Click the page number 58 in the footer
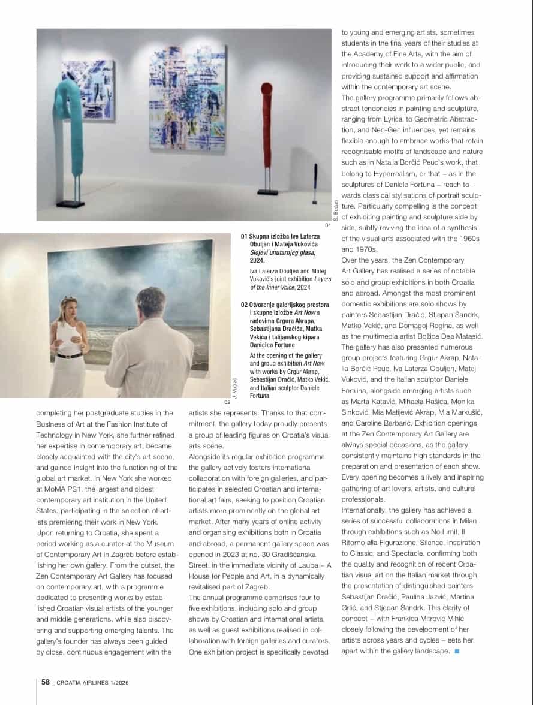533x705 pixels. pyautogui.click(x=45, y=682)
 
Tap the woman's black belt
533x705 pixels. pyautogui.click(x=70, y=356)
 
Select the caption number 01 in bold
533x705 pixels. pyautogui.click(x=245, y=237)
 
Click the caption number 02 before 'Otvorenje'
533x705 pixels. pyautogui.click(x=245, y=305)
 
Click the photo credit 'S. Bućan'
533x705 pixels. pyautogui.click(x=336, y=210)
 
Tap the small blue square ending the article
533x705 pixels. pyautogui.click(x=457, y=652)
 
